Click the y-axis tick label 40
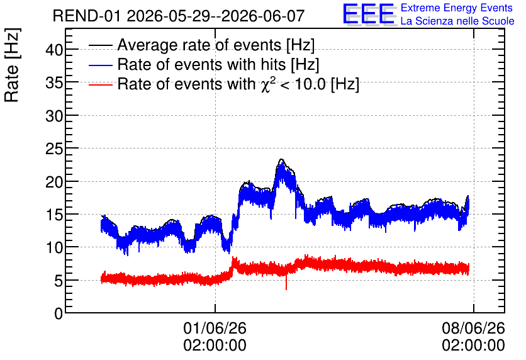54,50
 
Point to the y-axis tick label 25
54,149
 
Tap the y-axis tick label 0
59,313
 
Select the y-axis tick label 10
54,247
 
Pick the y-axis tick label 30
54,116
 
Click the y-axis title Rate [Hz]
12,65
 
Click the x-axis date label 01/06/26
215,328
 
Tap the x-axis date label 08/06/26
473,328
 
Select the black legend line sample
101,45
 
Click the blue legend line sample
101,65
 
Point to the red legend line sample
101,84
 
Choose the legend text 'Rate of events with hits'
201,64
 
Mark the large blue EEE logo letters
369,14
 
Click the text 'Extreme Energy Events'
457,8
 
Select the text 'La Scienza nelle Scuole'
457,21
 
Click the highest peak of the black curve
281,159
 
